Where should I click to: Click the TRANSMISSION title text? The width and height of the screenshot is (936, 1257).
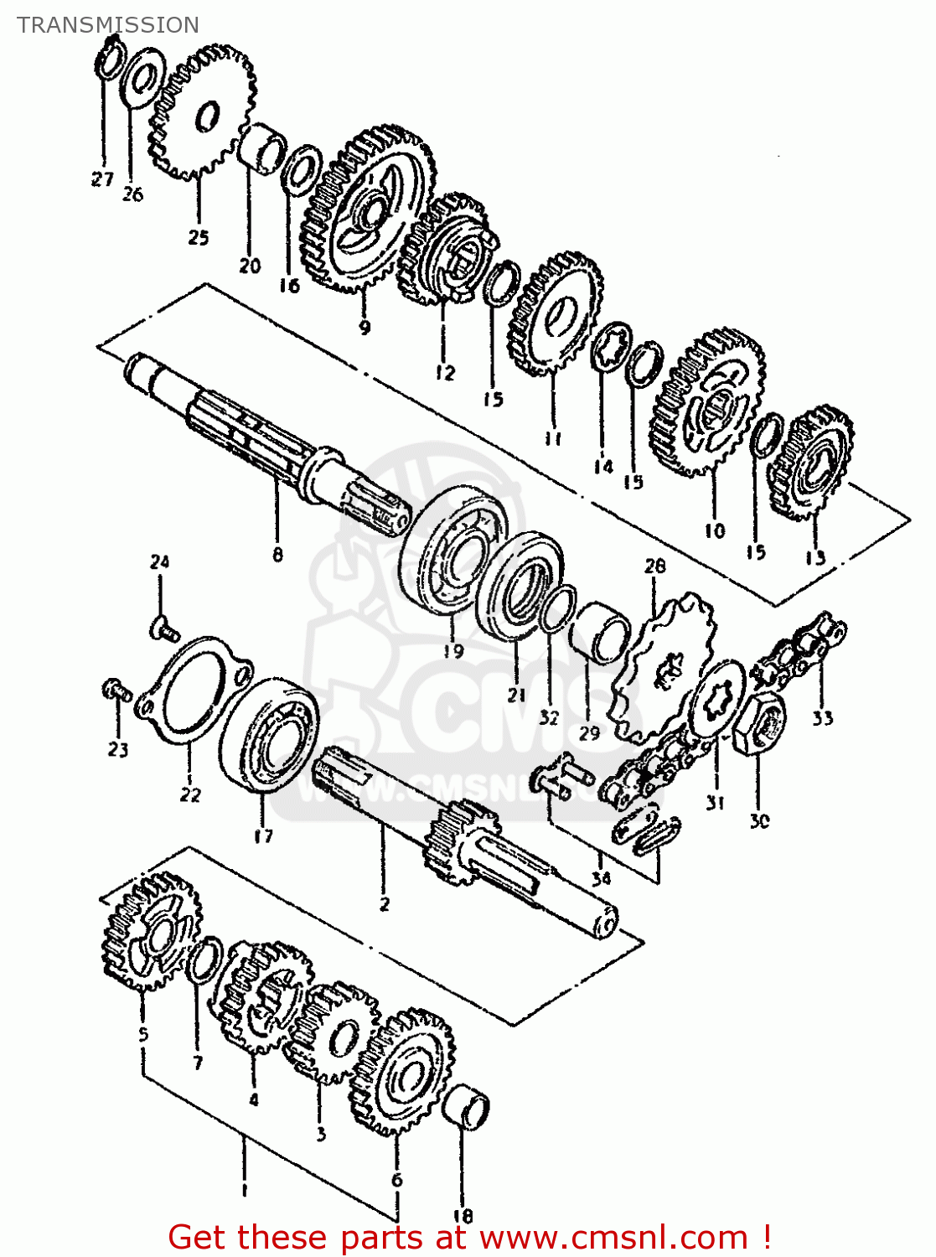(108, 25)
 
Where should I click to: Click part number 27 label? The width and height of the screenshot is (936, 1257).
(102, 178)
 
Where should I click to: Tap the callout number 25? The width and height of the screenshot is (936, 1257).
(198, 237)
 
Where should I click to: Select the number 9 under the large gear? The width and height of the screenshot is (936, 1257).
(364, 327)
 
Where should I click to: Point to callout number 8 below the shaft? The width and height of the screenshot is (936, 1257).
(277, 554)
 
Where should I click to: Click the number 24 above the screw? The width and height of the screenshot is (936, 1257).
(159, 561)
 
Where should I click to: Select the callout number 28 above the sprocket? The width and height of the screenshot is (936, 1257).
(654, 566)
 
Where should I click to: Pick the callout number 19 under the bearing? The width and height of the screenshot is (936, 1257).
(453, 650)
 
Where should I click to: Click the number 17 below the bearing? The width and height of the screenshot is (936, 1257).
(263, 835)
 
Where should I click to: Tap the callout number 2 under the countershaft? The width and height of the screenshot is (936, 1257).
(384, 903)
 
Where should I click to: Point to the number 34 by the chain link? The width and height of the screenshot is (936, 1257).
(601, 877)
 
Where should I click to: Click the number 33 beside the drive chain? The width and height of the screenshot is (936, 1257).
(822, 717)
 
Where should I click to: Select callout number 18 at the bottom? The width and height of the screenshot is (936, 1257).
(463, 1215)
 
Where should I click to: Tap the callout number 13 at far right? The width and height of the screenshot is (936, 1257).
(815, 556)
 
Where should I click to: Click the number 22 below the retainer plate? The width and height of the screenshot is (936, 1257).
(190, 794)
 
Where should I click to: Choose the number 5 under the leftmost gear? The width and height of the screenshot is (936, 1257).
(143, 1034)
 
